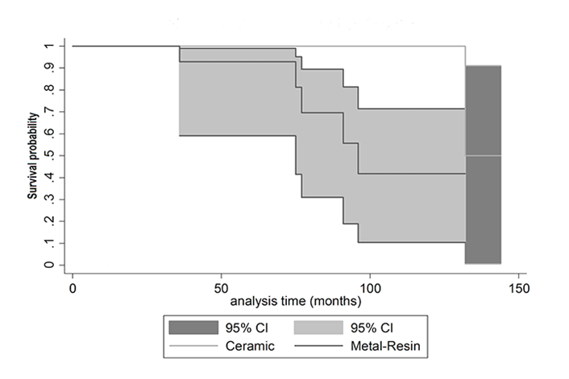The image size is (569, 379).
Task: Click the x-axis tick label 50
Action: (x=221, y=286)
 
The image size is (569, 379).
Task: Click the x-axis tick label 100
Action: (x=369, y=286)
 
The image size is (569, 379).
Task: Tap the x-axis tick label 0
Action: (x=73, y=286)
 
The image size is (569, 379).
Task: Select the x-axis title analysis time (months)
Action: (x=295, y=302)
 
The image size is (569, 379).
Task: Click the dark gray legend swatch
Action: (x=193, y=328)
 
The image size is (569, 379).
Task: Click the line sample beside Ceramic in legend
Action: (x=193, y=347)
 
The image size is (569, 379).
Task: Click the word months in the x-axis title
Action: (x=339, y=302)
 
